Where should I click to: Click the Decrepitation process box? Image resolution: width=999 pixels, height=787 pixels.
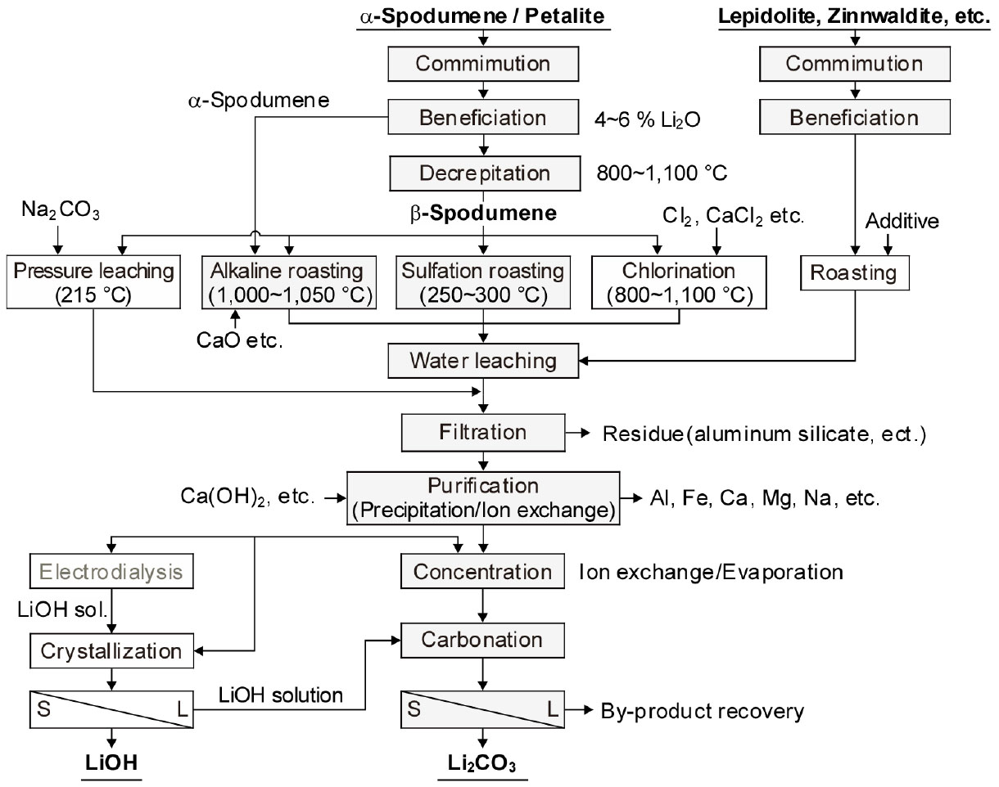pyautogui.click(x=485, y=173)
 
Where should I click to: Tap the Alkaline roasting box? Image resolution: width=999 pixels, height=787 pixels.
pyautogui.click(x=290, y=283)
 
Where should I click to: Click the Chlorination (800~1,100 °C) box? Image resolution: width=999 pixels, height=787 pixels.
pyautogui.click(x=678, y=283)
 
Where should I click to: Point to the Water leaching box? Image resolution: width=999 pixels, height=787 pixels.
pyautogui.click(x=484, y=360)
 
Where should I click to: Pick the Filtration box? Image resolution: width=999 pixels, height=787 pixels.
pyautogui.click(x=482, y=432)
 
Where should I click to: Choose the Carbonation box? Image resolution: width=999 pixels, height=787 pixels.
pyautogui.click(x=482, y=640)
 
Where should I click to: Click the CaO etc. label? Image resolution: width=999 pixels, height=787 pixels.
pyautogui.click(x=237, y=341)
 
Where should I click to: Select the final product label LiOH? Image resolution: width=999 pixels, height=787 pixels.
pyautogui.click(x=111, y=762)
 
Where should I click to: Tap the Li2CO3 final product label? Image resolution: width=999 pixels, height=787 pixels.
pyautogui.click(x=483, y=762)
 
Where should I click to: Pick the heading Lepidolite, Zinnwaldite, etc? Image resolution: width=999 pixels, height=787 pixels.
pyautogui.click(x=854, y=16)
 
